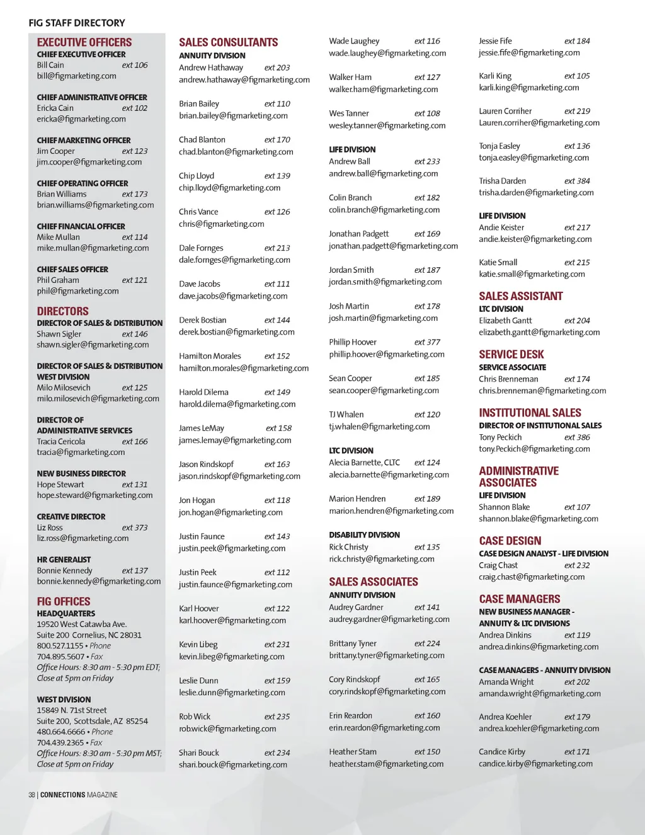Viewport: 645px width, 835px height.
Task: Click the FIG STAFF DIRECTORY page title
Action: click(77, 23)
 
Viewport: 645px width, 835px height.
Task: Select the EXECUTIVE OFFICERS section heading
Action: click(84, 42)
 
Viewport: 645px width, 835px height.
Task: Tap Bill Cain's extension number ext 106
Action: click(135, 65)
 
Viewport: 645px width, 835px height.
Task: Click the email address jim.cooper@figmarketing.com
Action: click(89, 162)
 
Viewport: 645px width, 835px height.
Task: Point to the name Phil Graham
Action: click(58, 280)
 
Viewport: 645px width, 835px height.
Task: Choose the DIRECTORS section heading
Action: click(62, 311)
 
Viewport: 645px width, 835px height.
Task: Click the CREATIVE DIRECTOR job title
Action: click(71, 517)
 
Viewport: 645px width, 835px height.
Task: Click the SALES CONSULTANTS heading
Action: click(228, 42)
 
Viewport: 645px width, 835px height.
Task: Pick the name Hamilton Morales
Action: click(210, 356)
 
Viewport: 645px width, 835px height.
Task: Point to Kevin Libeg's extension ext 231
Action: click(277, 645)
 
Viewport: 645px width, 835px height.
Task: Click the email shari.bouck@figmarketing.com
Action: click(233, 764)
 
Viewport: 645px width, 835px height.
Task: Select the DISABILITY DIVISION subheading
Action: click(364, 535)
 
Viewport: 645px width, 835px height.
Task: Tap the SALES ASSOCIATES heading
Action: click(374, 582)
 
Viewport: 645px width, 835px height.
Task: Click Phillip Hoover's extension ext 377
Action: click(427, 342)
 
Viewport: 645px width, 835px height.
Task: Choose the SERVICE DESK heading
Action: click(511, 354)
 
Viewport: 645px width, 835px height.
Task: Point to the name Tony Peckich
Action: click(500, 437)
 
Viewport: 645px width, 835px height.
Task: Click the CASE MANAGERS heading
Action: click(519, 599)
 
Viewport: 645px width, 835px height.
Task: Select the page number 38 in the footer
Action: click(31, 795)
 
